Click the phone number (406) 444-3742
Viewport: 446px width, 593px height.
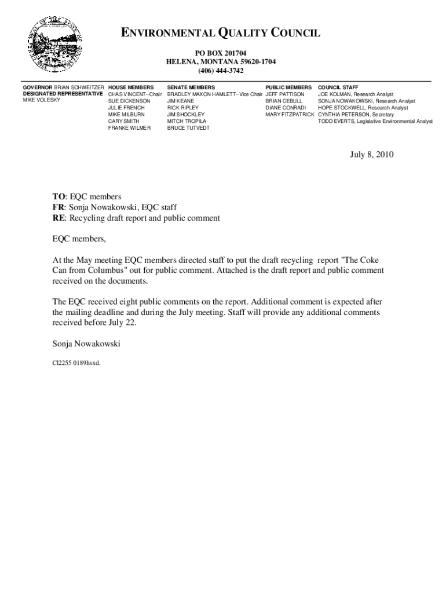coord(221,71)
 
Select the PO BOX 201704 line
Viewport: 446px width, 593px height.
coord(221,53)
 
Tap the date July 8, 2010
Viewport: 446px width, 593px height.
coord(371,155)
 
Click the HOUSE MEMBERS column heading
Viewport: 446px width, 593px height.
coord(131,87)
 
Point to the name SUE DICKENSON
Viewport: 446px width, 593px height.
coord(129,101)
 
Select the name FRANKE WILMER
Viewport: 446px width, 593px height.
coord(129,128)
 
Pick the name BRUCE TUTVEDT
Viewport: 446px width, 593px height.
coord(188,128)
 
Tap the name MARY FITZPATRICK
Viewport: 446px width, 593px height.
coord(290,115)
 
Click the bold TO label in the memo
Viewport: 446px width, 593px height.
coord(59,197)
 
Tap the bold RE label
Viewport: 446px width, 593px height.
coord(59,218)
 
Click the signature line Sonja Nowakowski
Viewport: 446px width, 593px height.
coord(86,344)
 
